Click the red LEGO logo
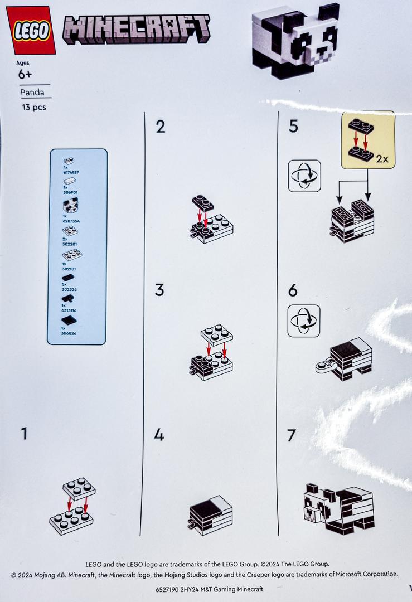(31, 30)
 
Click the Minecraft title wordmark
(137, 29)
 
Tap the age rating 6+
(25, 74)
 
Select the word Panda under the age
(32, 92)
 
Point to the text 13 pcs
(34, 107)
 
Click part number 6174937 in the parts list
(71, 172)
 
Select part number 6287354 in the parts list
(71, 221)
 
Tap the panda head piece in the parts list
(71, 206)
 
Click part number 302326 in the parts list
(69, 289)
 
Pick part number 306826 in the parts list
(69, 333)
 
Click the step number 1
(24, 434)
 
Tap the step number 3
(159, 290)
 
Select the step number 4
(159, 435)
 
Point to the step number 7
(292, 435)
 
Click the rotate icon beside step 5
(304, 176)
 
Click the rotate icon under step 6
(304, 321)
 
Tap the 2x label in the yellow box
(382, 158)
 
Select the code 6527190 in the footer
(167, 589)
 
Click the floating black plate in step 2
(203, 202)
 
